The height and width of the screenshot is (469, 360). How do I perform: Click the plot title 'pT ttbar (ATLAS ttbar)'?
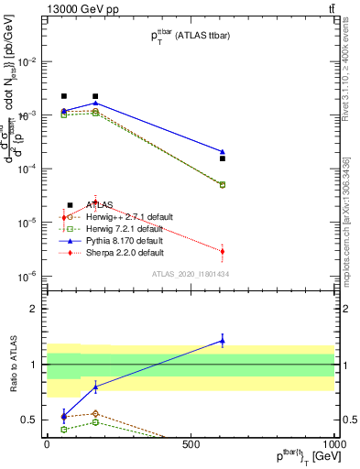190,36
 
